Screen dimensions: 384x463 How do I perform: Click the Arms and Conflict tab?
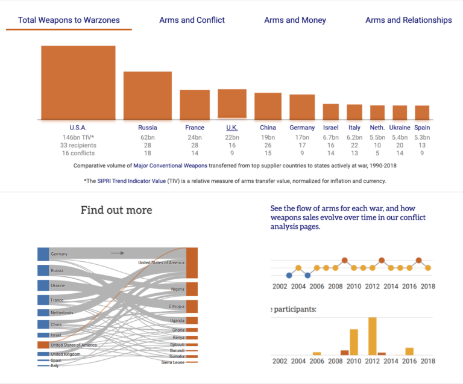coord(192,20)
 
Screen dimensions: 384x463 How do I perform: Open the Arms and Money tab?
coord(295,20)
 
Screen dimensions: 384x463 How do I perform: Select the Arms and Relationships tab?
coord(408,20)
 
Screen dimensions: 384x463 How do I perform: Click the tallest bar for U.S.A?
coord(78,82)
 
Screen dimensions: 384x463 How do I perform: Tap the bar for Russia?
coord(148,95)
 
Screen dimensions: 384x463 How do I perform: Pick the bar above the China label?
coord(268,106)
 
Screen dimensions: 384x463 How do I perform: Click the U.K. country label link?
coord(232,128)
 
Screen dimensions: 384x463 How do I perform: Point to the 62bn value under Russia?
coord(148,137)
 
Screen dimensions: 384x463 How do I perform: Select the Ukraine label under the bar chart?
coord(400,128)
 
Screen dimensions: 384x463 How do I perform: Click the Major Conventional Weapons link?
coord(170,165)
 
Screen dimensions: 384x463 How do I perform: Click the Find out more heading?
coord(116,210)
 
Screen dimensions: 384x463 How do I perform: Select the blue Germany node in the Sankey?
coord(43,254)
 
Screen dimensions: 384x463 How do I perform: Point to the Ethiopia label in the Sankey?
coord(176,306)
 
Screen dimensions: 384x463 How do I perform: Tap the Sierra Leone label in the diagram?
coord(173,362)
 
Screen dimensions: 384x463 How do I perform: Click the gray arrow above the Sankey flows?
coord(118,253)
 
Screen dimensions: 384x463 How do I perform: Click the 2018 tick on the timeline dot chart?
coord(427,287)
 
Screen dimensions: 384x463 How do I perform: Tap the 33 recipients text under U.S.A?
coord(78,146)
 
